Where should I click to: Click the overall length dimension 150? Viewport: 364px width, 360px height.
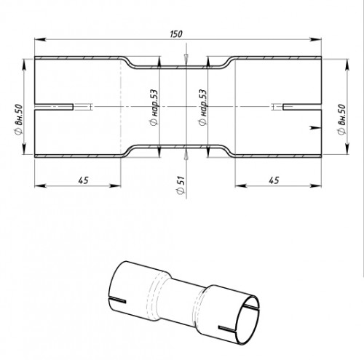click(x=176, y=33)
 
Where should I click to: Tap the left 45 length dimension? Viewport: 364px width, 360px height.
click(x=83, y=180)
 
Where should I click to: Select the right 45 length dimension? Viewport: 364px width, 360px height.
click(x=274, y=180)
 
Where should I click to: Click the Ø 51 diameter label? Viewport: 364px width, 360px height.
click(x=181, y=185)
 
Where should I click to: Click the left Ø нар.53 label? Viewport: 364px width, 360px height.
click(x=154, y=108)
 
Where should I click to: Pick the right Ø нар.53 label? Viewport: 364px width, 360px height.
click(x=202, y=108)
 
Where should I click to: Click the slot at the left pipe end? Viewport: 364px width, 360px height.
click(x=54, y=107)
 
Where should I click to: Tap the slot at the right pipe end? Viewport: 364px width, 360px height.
click(x=302, y=107)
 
